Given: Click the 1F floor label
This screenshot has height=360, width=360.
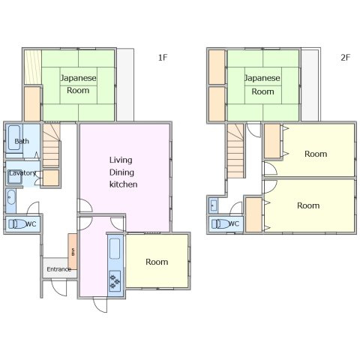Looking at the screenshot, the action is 163,58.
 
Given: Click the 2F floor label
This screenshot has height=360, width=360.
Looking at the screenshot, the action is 345,58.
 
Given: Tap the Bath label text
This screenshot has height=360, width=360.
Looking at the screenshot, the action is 22,141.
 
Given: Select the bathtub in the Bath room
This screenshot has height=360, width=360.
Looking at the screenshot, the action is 14,138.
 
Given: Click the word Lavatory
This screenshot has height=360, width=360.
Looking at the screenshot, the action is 22,173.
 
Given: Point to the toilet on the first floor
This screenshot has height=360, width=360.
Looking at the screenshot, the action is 17,224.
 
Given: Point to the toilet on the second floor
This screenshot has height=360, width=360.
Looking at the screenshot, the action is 220,223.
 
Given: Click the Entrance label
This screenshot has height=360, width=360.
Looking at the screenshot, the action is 59,269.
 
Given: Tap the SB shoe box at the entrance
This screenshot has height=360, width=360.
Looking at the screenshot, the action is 73,251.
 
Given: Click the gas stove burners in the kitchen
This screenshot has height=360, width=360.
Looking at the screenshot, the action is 115,280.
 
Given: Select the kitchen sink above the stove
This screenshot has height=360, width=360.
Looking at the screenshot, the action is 115,248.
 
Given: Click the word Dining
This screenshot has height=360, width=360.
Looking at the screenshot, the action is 121,172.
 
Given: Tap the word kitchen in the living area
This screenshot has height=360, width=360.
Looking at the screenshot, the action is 124,184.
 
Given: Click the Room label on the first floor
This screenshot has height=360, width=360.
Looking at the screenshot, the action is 157,262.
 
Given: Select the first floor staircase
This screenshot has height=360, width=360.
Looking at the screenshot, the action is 52,145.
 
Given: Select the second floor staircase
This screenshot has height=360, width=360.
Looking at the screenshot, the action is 235,151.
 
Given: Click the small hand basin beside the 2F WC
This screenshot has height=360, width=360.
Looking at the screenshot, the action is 214,205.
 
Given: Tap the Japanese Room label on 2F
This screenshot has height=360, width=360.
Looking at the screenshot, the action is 262,85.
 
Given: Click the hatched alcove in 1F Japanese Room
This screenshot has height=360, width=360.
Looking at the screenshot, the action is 33,67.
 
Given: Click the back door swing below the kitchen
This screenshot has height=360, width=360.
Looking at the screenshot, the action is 100,304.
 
